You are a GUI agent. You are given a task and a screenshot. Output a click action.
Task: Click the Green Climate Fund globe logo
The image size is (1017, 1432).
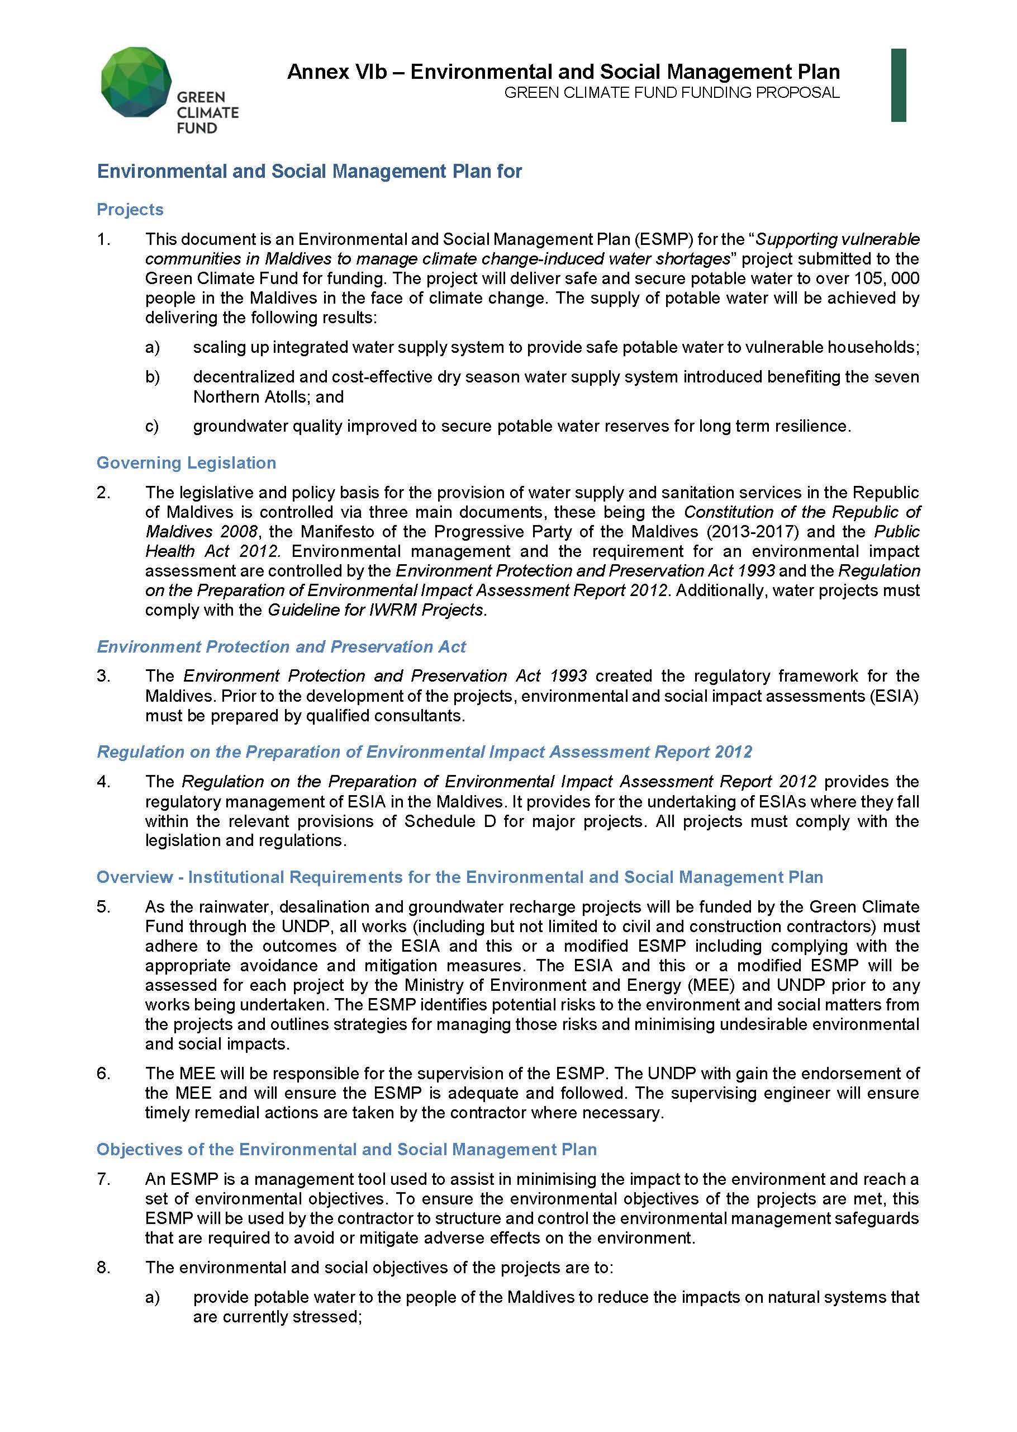136,82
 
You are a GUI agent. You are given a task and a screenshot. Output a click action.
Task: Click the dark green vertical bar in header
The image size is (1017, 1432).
898,84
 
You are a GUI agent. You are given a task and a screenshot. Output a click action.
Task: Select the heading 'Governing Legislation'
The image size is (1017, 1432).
186,462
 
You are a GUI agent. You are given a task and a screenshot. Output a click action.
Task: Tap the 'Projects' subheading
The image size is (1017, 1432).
130,209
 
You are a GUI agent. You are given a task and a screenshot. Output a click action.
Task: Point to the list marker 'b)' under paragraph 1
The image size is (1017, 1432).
152,377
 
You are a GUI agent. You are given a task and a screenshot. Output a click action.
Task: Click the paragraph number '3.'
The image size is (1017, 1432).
103,675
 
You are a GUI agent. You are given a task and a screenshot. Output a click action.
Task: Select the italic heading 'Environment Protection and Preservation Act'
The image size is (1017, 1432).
281,646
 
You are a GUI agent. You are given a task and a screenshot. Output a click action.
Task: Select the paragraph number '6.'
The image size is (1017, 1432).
103,1073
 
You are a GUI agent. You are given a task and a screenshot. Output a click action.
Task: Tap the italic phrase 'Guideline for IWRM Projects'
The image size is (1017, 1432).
376,610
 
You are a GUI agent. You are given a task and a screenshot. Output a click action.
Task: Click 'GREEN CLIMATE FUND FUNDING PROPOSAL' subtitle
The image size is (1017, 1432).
671,93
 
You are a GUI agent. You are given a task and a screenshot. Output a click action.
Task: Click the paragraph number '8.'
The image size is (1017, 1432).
103,1267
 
